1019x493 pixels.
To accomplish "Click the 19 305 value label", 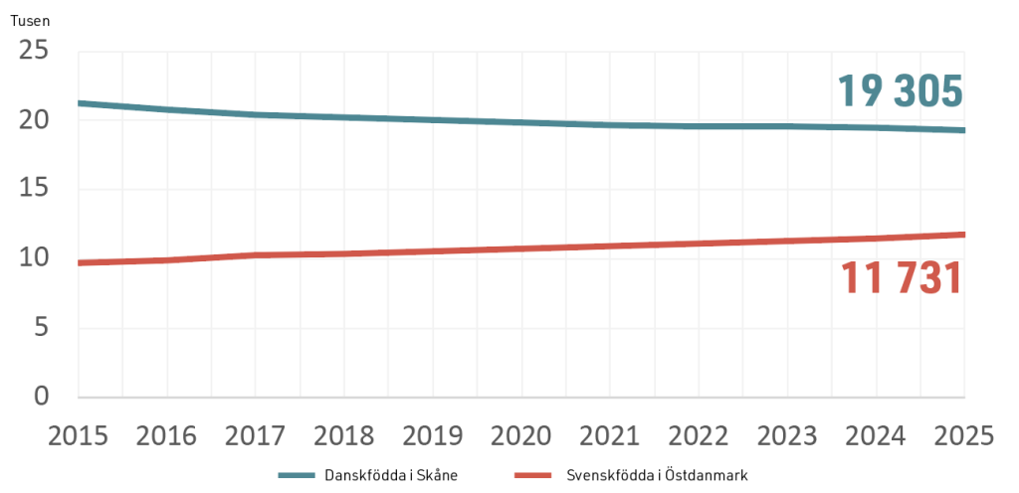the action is (900, 91).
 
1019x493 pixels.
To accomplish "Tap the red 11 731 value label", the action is (902, 279).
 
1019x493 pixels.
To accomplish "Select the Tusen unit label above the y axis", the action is (30, 21).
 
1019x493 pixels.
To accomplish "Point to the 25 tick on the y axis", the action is (34, 51).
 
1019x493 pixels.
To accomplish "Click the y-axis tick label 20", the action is (34, 120).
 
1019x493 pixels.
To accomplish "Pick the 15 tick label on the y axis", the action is (34, 190).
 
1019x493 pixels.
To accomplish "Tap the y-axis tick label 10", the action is (34, 258).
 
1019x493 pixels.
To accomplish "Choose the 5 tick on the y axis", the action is (42, 328).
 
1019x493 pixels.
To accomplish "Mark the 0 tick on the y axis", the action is (42, 397).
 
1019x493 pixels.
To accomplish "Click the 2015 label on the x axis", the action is (78, 436).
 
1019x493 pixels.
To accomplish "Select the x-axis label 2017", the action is (256, 436).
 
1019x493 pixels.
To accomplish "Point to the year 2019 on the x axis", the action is (433, 436).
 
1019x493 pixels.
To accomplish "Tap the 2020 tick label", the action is (521, 436).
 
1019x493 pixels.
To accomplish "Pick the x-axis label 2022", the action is (699, 436).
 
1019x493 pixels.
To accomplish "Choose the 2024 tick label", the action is (876, 436).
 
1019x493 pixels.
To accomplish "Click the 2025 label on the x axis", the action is (964, 436).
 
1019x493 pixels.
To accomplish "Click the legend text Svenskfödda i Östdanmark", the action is (657, 475).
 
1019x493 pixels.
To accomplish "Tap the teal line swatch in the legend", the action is (297, 475).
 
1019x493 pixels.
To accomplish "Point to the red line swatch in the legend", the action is (532, 475).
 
